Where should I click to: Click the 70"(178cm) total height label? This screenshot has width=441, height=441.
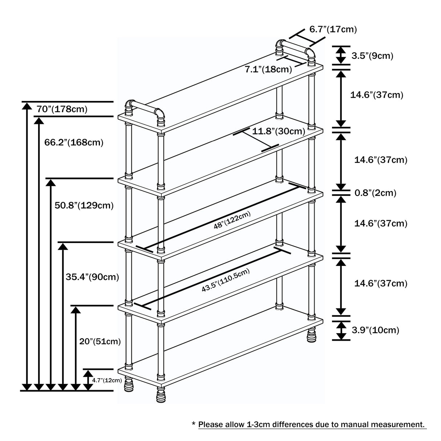[62, 109]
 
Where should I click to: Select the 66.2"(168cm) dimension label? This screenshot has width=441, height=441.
[74, 142]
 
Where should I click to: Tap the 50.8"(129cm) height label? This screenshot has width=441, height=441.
[84, 206]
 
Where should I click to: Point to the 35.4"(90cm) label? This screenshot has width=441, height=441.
[92, 277]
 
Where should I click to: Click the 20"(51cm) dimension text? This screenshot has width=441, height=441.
[100, 341]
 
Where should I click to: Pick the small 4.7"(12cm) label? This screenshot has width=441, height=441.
[106, 380]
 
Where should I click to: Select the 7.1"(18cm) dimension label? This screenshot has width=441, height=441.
[268, 69]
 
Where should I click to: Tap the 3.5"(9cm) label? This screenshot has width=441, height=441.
[372, 56]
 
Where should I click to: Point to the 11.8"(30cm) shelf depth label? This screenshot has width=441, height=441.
[279, 131]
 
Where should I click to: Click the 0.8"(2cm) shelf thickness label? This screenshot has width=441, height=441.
[375, 193]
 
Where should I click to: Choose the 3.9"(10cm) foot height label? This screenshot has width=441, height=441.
[375, 330]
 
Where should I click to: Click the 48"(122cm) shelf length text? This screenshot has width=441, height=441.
[232, 220]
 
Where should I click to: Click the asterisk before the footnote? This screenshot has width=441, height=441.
[194, 424]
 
